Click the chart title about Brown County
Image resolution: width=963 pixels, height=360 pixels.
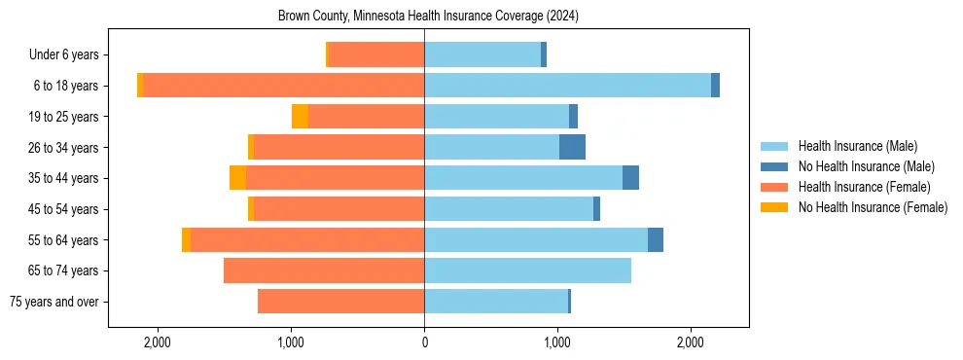click(428, 17)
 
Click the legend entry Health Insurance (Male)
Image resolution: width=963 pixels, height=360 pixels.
click(857, 146)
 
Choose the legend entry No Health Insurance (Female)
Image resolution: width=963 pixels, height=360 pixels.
click(873, 207)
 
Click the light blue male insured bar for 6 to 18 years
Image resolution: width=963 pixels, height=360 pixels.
click(567, 86)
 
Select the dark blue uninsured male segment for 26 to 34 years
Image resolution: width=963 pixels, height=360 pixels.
click(572, 147)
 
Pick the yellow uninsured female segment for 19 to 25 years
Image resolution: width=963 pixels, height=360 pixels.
click(300, 117)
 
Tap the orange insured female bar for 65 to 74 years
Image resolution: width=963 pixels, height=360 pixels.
click(324, 270)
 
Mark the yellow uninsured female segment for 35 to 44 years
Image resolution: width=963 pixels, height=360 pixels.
click(237, 178)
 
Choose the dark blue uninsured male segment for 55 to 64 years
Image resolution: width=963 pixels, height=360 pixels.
click(656, 239)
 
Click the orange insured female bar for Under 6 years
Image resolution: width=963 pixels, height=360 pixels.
click(376, 54)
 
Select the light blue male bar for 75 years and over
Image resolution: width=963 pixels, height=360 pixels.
click(496, 302)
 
